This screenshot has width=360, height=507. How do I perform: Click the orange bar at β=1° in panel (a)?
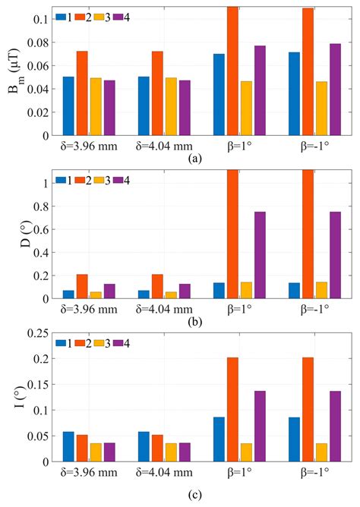(232, 72)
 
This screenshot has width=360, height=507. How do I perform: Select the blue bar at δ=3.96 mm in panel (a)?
(68, 106)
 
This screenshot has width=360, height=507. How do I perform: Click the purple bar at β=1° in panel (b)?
(260, 255)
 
